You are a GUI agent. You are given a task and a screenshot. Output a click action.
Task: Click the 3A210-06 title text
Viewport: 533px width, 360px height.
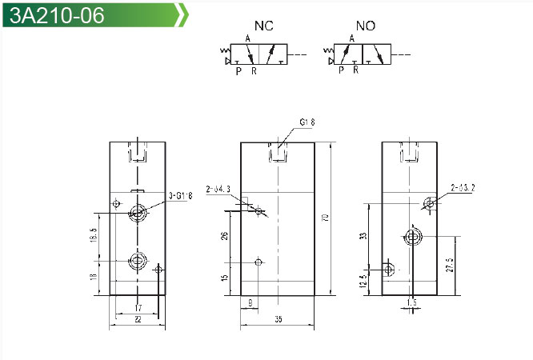(x=54, y=15)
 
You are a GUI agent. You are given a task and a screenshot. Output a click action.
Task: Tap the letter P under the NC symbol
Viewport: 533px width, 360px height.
(x=238, y=71)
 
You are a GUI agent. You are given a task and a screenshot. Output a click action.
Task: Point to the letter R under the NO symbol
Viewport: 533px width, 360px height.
(x=355, y=70)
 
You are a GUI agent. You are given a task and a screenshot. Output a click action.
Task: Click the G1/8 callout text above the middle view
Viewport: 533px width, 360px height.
(x=307, y=122)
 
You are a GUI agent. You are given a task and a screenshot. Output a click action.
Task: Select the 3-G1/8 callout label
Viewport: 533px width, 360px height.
(x=182, y=195)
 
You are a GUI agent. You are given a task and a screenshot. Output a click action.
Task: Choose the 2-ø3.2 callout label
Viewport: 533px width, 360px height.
(x=463, y=189)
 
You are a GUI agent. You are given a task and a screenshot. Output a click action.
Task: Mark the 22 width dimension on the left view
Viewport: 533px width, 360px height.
(x=137, y=318)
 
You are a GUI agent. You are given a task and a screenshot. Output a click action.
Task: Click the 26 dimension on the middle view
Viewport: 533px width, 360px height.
(x=225, y=236)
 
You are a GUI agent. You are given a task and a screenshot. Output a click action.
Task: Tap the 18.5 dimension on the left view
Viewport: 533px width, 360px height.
(x=94, y=236)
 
